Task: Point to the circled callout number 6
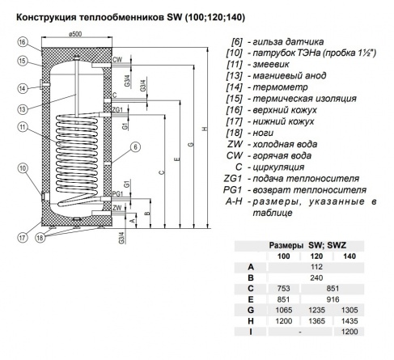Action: (x=135, y=146)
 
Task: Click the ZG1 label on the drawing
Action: (x=118, y=108)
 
